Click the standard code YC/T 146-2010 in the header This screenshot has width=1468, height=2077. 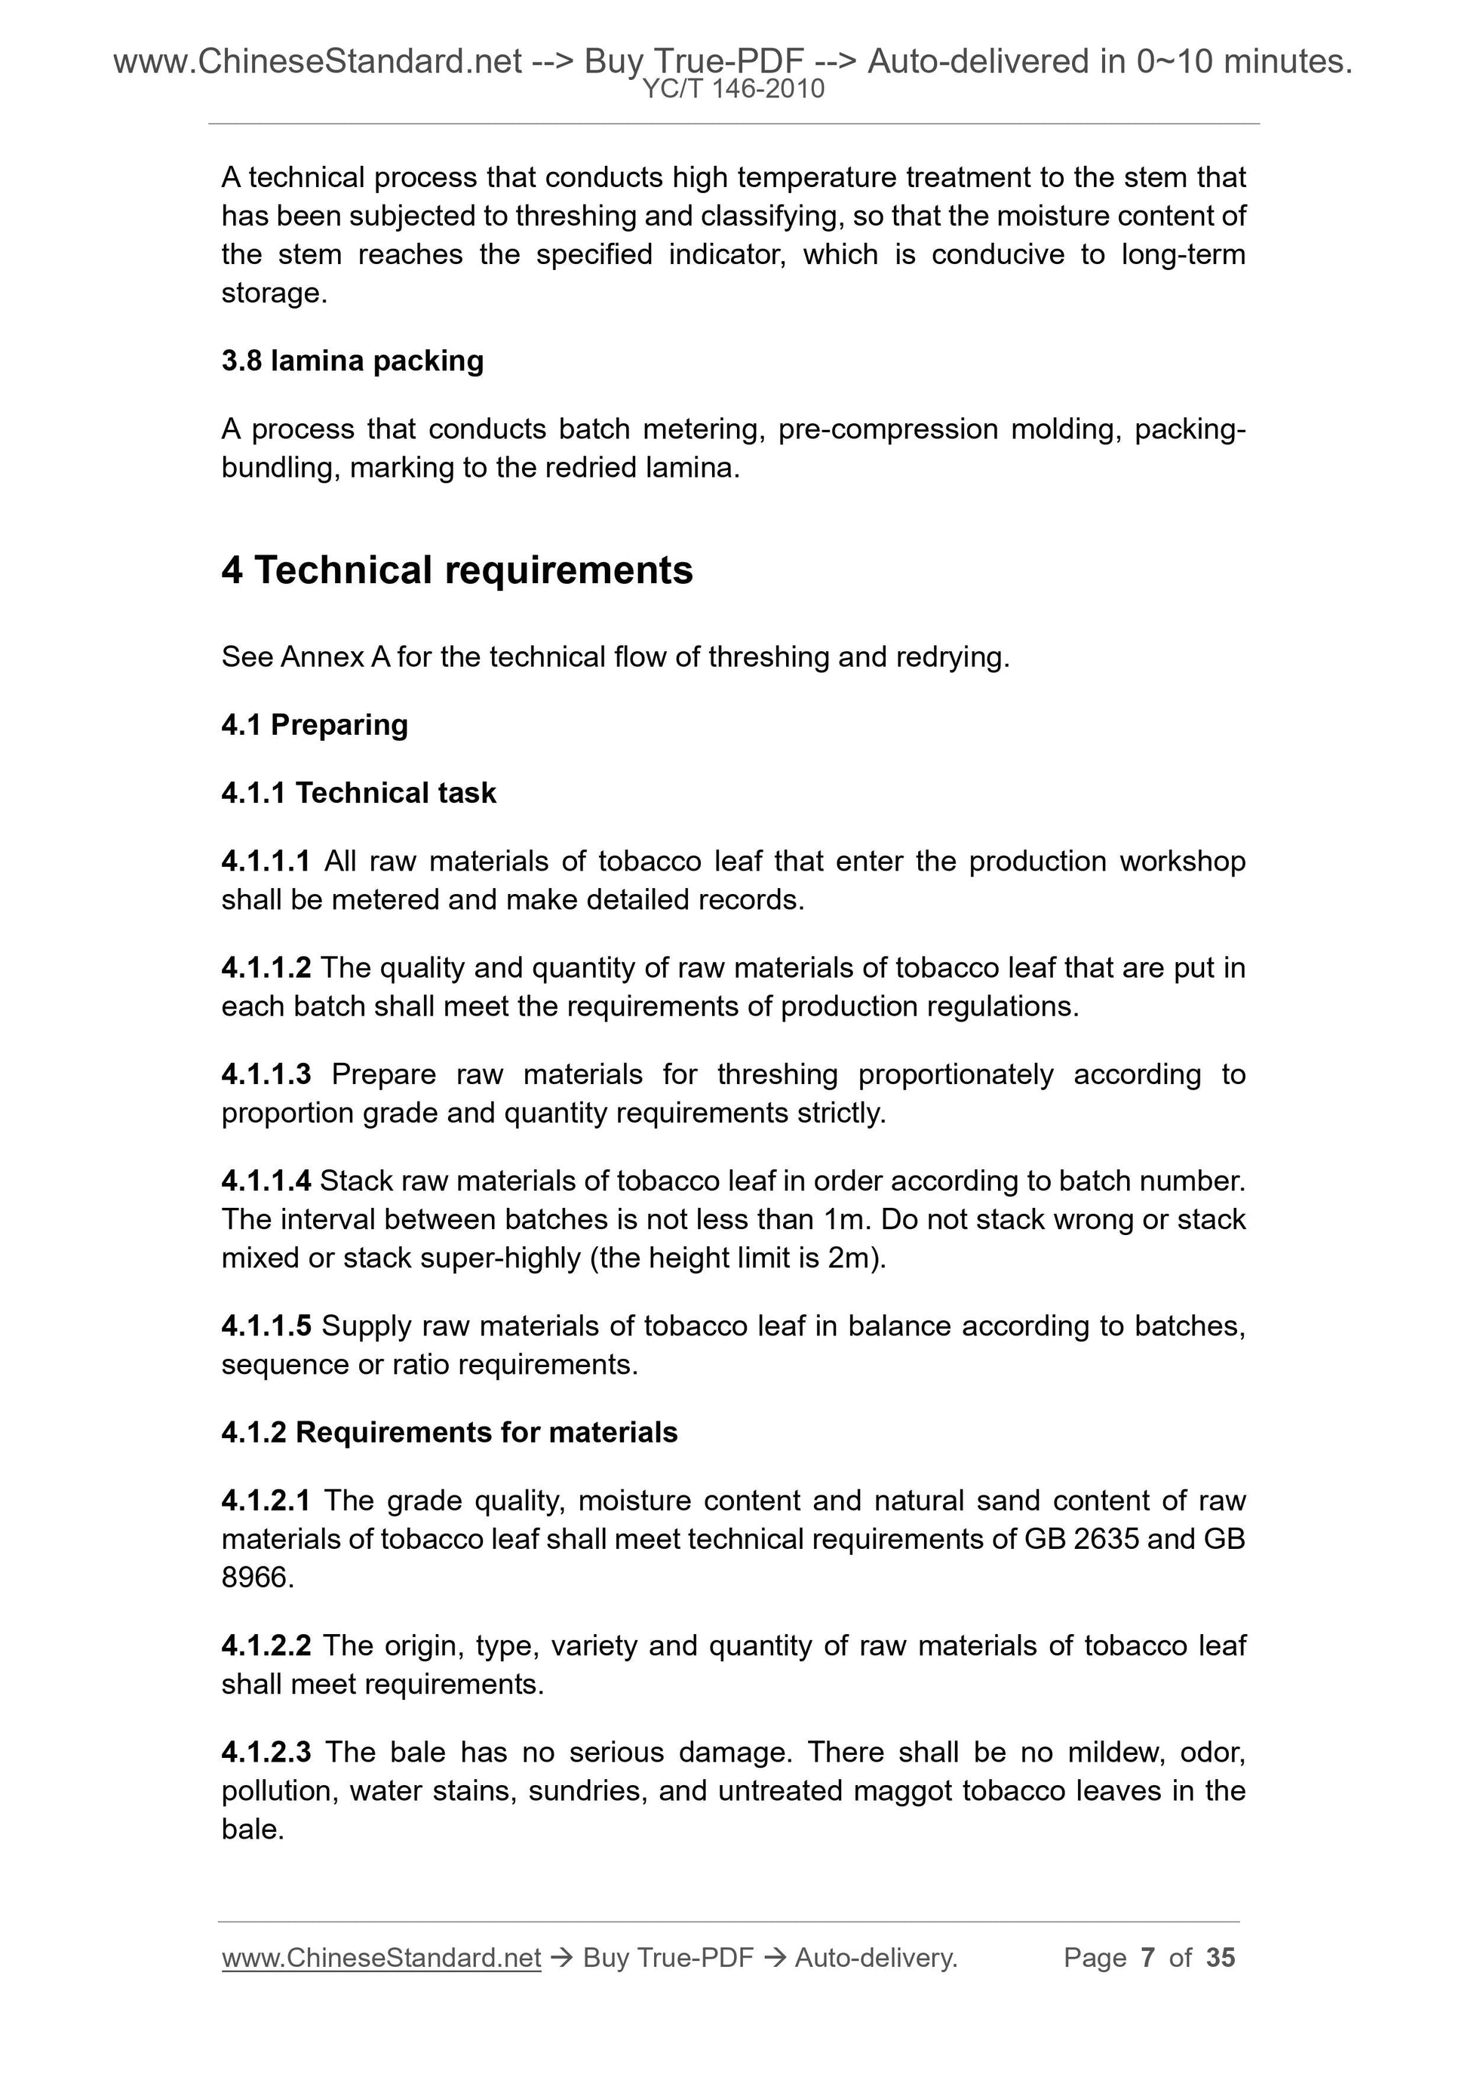(x=733, y=90)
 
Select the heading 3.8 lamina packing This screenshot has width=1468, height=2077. (x=353, y=361)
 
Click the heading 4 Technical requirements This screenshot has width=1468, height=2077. (x=457, y=570)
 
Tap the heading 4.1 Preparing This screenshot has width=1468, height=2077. (x=315, y=724)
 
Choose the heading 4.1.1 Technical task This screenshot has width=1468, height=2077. (x=359, y=794)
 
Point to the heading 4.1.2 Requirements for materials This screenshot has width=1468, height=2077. (x=450, y=1432)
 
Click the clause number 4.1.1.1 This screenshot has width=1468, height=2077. (x=266, y=861)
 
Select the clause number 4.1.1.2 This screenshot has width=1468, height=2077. (x=266, y=968)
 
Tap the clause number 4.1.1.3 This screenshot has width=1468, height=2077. (x=266, y=1074)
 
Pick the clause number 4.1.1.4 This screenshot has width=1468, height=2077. (x=266, y=1181)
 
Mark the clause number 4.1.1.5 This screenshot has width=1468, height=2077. (x=266, y=1326)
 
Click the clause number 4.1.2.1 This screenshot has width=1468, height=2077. (x=266, y=1501)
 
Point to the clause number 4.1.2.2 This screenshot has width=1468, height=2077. (x=266, y=1645)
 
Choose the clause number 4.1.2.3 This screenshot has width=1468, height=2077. (x=266, y=1753)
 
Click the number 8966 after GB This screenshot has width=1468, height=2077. (x=257, y=1578)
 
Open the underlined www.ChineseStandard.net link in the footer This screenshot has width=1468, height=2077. (x=381, y=1958)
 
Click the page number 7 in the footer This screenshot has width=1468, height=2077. (x=1148, y=1958)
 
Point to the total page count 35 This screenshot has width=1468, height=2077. (x=1220, y=1958)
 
